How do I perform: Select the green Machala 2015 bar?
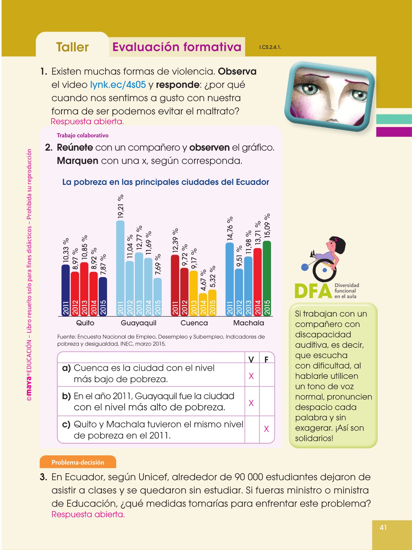click(267, 278)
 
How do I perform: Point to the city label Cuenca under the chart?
click(194, 323)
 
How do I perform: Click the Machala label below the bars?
click(248, 323)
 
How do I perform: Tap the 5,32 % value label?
click(212, 277)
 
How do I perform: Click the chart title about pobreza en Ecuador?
click(165, 182)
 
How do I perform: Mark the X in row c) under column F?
click(266, 429)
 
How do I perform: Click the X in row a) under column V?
click(251, 376)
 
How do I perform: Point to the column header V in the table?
click(251, 359)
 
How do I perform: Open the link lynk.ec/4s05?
click(118, 85)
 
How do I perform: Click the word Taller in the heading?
click(73, 47)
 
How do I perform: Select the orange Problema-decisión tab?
click(78, 462)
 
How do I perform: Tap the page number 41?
click(383, 527)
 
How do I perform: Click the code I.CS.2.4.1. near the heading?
click(270, 47)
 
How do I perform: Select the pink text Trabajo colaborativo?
click(82, 135)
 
